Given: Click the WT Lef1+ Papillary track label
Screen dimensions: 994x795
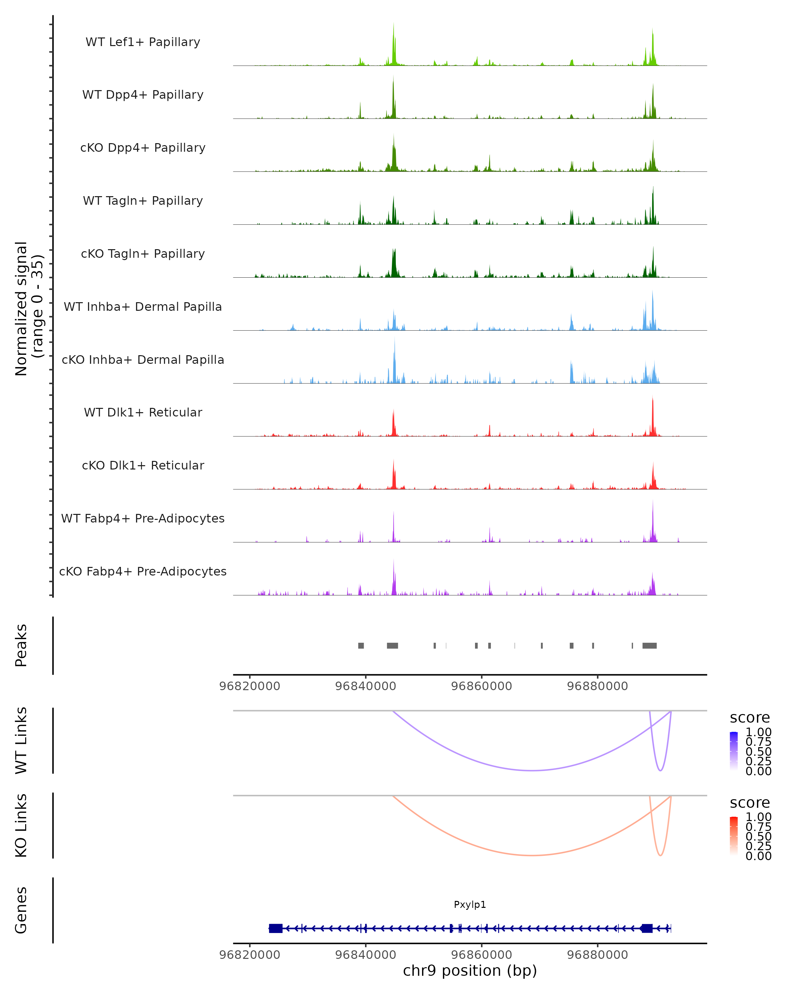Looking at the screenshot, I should pyautogui.click(x=143, y=42).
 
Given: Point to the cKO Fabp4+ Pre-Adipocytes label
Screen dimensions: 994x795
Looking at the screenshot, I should pyautogui.click(x=143, y=571).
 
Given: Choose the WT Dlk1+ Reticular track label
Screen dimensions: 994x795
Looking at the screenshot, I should pyautogui.click(x=143, y=412).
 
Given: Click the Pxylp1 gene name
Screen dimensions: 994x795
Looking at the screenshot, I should pyautogui.click(x=470, y=905).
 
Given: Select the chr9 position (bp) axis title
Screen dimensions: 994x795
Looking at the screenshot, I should pyautogui.click(x=470, y=970).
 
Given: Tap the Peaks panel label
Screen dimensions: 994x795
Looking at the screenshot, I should pyautogui.click(x=21, y=645).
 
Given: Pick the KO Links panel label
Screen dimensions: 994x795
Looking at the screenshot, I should pyautogui.click(x=21, y=825).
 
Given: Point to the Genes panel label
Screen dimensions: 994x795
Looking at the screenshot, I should pyautogui.click(x=21, y=910).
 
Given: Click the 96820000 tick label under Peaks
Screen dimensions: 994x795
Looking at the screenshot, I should pyautogui.click(x=250, y=686).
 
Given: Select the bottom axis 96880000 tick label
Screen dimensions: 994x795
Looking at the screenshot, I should pyautogui.click(x=597, y=955).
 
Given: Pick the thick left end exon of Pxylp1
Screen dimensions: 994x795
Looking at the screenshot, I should pyautogui.click(x=276, y=928).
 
